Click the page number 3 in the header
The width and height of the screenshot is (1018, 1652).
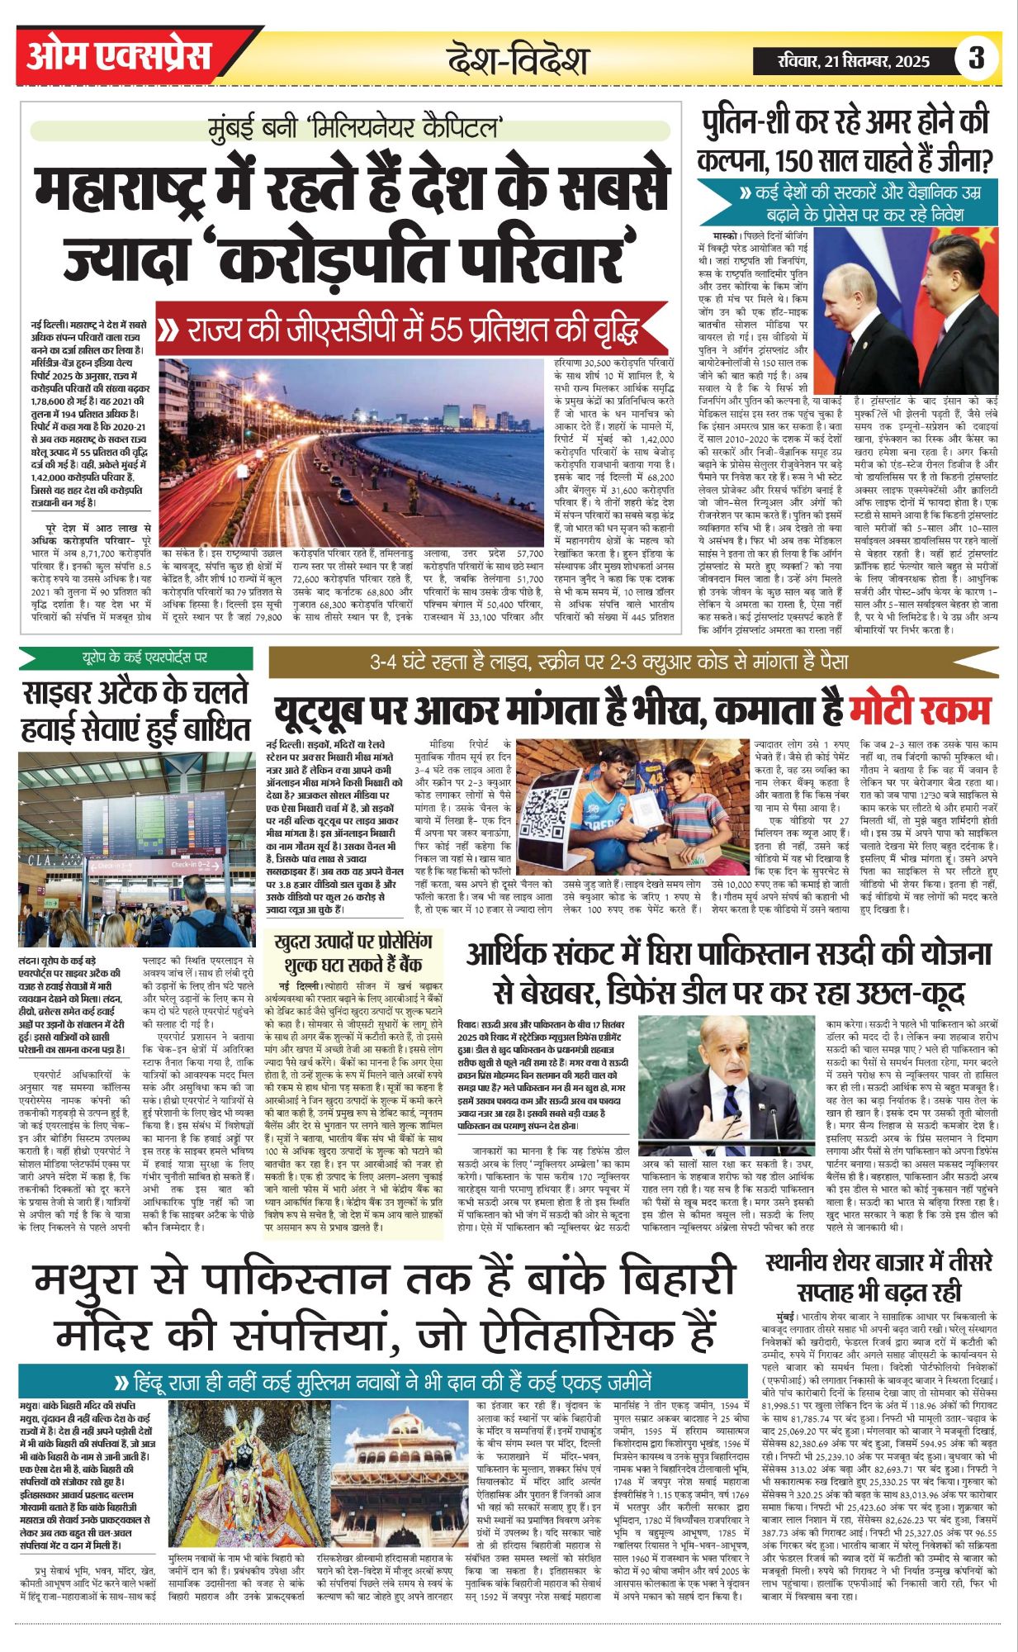tap(977, 58)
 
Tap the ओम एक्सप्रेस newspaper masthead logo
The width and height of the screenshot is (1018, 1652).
tap(120, 55)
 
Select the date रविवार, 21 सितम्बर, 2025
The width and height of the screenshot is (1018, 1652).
tap(854, 60)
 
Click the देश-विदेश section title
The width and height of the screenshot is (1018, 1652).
tap(518, 60)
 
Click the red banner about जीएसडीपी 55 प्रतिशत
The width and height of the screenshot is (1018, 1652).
tap(413, 330)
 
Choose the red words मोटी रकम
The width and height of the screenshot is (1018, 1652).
tap(921, 710)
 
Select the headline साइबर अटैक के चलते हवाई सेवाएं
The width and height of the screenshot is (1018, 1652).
tap(136, 711)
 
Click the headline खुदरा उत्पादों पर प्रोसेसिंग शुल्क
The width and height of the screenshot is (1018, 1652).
tap(353, 953)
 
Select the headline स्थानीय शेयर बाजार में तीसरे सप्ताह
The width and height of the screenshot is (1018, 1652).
tap(878, 1276)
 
